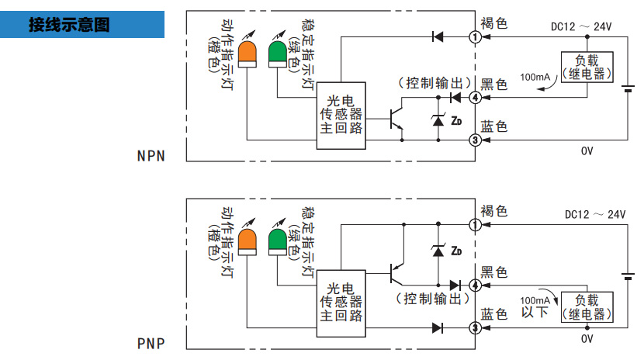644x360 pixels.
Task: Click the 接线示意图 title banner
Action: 81,24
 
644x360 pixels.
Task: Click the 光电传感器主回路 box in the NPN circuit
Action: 341,115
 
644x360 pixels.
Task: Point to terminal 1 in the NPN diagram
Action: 474,36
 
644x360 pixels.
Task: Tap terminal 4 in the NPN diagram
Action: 474,97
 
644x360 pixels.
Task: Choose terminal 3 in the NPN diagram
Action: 474,140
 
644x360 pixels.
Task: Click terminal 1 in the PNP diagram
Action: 474,225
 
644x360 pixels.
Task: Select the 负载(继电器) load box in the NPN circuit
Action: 587,67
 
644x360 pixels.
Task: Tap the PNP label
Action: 151,342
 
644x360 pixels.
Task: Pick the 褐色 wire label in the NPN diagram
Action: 494,24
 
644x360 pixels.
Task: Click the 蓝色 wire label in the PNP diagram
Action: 494,314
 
